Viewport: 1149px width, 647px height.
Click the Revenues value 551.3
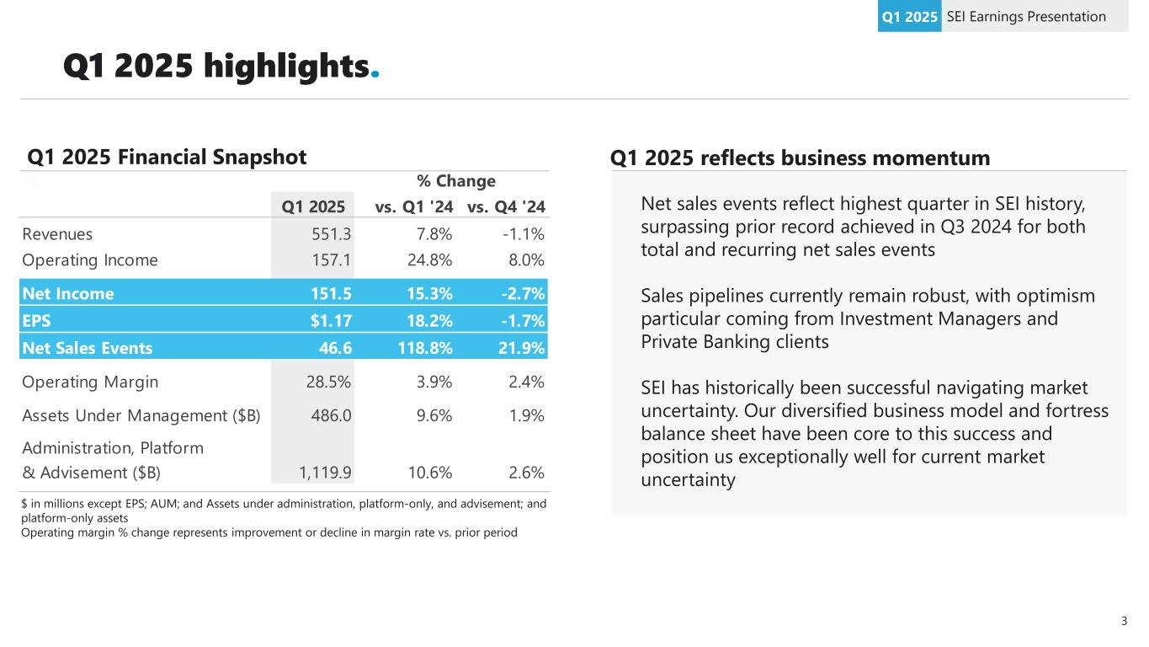click(x=328, y=234)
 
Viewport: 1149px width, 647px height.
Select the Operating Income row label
click(x=90, y=260)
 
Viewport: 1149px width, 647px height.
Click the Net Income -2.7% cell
click(x=520, y=294)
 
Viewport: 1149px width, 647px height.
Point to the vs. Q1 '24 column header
click(x=413, y=206)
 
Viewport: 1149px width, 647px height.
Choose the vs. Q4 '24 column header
click(x=505, y=206)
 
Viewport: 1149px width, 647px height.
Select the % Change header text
click(x=456, y=181)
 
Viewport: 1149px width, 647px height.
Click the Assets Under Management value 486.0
click(x=327, y=415)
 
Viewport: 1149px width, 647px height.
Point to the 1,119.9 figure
click(x=325, y=472)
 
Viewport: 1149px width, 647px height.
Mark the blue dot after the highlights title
click(x=375, y=74)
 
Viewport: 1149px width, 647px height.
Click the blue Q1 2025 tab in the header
click(x=909, y=17)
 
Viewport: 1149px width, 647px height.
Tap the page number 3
click(x=1124, y=622)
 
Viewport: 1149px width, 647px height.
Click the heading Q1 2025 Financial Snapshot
click(x=168, y=158)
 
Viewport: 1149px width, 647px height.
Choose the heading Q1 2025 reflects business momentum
click(x=800, y=158)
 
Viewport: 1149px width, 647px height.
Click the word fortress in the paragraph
click(x=1076, y=411)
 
